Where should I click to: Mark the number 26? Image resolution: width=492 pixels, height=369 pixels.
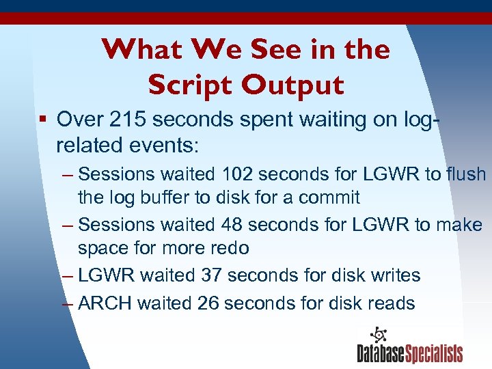[x=207, y=303]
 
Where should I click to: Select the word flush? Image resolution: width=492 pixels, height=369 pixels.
[x=466, y=174]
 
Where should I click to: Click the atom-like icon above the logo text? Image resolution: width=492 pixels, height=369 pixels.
[x=377, y=336]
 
